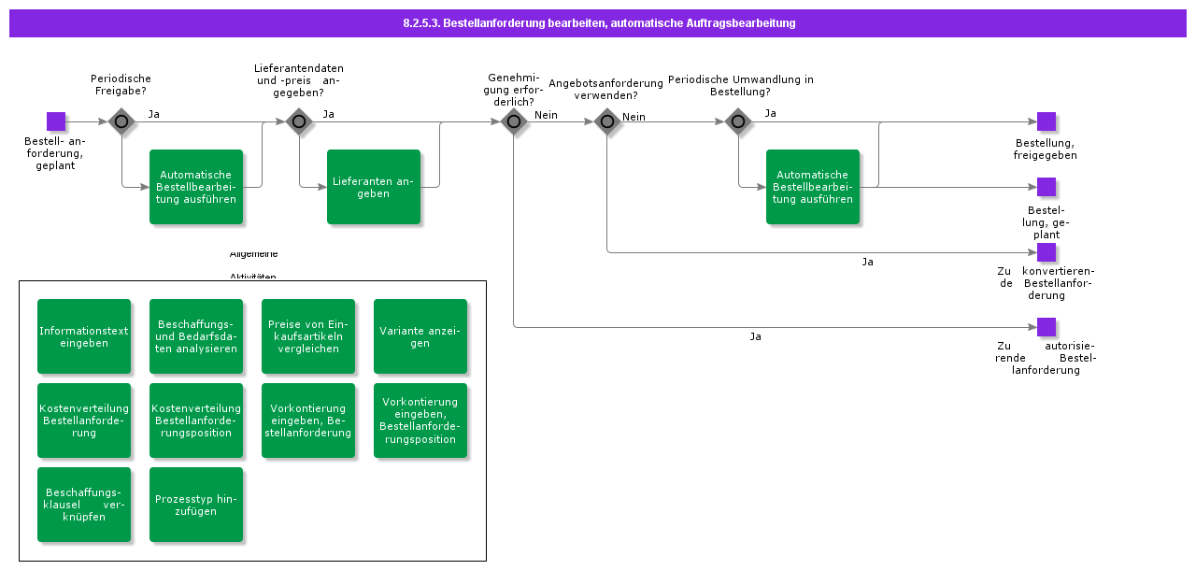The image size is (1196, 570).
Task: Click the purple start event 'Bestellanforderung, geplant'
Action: (x=56, y=121)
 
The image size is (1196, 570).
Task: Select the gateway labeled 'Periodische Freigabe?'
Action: (x=121, y=121)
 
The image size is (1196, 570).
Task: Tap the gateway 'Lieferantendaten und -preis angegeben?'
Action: (x=299, y=121)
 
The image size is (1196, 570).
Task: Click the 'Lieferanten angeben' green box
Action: (x=374, y=187)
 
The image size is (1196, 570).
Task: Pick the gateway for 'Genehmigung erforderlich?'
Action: (x=514, y=121)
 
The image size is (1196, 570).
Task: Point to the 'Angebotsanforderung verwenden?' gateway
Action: (x=607, y=121)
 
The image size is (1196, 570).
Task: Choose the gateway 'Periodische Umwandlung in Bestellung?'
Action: (x=738, y=121)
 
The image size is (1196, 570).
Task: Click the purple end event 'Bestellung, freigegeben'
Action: (x=1046, y=121)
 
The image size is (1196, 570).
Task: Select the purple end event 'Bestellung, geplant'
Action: (x=1046, y=187)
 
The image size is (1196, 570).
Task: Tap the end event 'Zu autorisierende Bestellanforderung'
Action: (x=1046, y=327)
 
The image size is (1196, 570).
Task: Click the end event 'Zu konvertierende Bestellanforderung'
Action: (x=1046, y=252)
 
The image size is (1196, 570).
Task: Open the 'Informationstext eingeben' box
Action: (x=84, y=336)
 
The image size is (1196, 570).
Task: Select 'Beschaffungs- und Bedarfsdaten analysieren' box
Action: (x=196, y=336)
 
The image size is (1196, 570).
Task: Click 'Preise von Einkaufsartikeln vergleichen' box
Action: (x=308, y=336)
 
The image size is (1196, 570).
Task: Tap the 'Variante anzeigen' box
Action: (x=420, y=336)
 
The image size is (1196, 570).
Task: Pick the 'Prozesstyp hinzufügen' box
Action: (x=196, y=505)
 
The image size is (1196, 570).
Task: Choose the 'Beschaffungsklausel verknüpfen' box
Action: (x=84, y=505)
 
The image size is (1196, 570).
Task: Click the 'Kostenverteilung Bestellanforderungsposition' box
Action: (x=196, y=420)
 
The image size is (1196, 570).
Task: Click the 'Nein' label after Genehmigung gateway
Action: (x=546, y=115)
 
